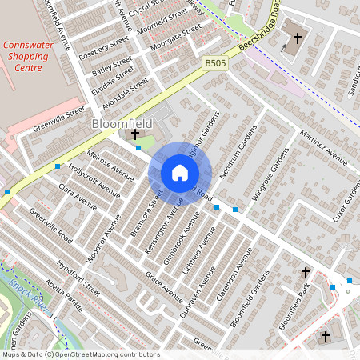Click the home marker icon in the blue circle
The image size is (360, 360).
[x=180, y=173]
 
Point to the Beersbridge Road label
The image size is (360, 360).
[x=263, y=25]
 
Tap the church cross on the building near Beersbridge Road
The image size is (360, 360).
[x=298, y=38]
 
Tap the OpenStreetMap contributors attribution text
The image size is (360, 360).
[x=80, y=354]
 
